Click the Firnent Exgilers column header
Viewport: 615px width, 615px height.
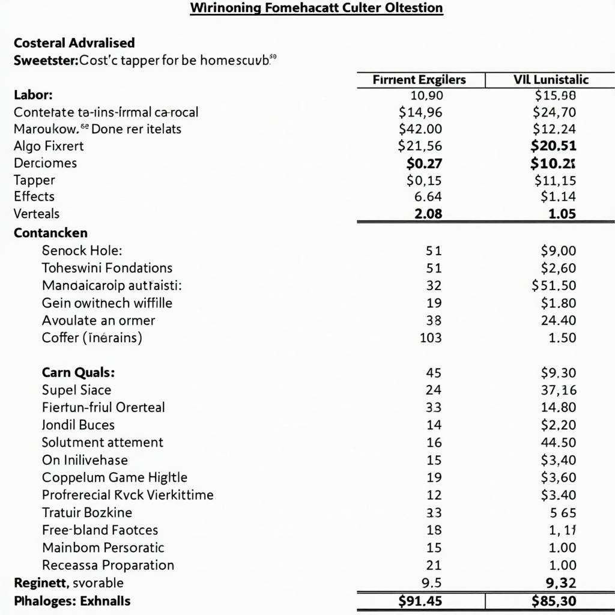point(419,80)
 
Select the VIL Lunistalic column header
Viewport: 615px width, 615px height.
point(550,80)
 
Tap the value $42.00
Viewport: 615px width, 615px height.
point(420,129)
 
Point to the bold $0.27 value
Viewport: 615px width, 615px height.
point(424,163)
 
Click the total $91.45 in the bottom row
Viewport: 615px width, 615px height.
point(420,601)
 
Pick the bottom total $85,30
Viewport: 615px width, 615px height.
point(554,601)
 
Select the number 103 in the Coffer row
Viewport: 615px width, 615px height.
point(431,338)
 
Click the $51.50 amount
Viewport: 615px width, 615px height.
point(554,285)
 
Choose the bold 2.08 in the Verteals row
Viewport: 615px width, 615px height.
point(428,214)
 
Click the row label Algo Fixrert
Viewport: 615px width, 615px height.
point(49,146)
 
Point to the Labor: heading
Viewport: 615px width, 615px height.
point(33,95)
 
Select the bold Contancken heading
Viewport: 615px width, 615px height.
point(50,233)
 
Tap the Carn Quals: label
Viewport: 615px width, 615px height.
point(78,372)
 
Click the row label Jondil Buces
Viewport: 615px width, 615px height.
point(78,425)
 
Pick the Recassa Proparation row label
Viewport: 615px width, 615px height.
point(108,565)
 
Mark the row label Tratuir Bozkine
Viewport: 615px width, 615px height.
point(87,513)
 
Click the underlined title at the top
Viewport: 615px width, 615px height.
point(317,8)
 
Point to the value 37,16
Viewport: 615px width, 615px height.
point(559,390)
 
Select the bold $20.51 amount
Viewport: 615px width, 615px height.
point(553,145)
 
